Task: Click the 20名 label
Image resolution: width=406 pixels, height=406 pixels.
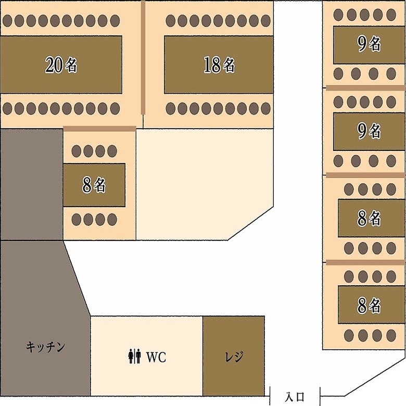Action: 61,65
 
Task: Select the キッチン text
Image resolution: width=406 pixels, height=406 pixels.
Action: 46,347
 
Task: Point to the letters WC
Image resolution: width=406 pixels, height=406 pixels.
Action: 156,357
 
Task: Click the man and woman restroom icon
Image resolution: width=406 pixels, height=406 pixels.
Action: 134,357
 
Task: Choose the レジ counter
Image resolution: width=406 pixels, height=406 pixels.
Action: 234,356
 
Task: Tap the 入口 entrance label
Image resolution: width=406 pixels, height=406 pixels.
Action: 295,397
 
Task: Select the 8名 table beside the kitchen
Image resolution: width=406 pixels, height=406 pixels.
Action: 94,185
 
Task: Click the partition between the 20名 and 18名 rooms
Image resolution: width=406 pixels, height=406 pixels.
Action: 143,57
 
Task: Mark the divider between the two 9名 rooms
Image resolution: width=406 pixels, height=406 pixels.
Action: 365,87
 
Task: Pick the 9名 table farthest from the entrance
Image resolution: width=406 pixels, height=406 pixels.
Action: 369,45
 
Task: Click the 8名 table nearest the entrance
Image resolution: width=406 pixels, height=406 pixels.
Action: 371,306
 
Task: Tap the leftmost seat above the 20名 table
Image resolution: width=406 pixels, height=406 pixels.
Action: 8,21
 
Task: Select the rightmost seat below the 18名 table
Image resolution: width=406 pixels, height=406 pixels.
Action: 266,109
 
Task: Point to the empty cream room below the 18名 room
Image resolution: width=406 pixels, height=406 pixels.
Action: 203,182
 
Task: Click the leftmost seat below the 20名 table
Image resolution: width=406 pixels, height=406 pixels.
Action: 8,109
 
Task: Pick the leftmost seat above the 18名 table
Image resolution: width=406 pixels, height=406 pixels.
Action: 171,21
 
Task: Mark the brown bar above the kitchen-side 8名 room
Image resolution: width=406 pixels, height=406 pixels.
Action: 99,129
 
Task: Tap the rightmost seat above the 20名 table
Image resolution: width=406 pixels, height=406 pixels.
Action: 115,21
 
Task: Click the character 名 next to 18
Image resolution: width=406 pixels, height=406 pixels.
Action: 229,65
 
